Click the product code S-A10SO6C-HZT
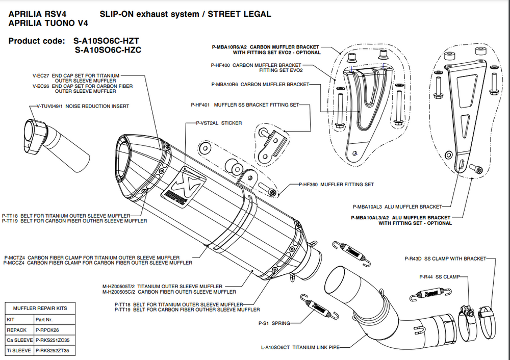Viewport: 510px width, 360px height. pos(107,40)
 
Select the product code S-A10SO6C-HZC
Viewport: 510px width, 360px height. pos(108,50)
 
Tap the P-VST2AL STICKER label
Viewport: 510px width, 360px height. pos(219,123)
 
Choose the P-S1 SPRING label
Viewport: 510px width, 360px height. pos(274,323)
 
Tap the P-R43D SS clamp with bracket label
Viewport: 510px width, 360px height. pos(445,259)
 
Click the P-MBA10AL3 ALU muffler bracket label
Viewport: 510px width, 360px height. pos(397,207)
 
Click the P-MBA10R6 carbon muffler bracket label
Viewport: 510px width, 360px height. pos(260,84)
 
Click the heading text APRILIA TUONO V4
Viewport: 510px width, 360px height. pos(48,23)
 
